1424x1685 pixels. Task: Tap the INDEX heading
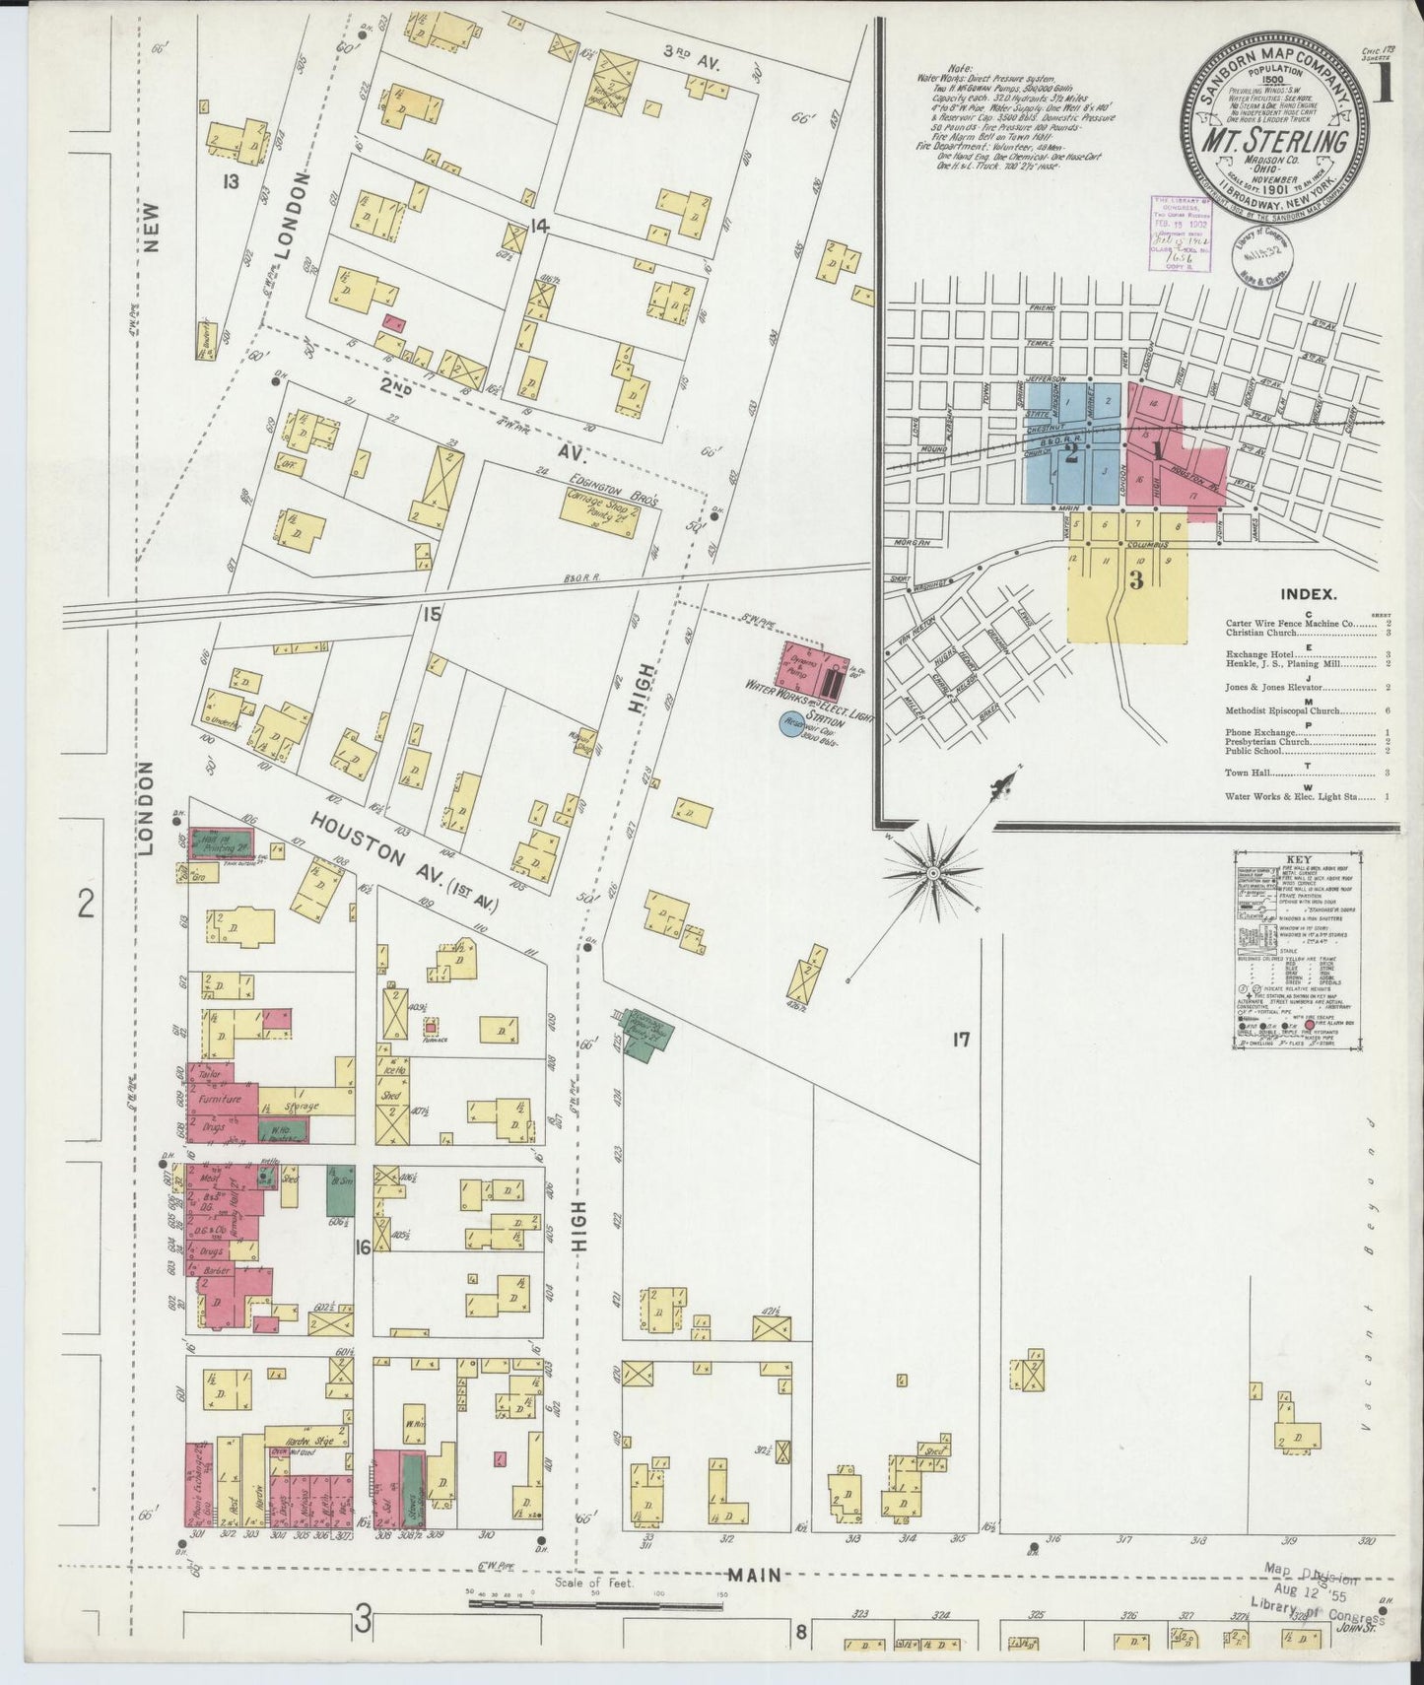pos(1307,594)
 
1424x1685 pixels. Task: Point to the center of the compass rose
pos(932,873)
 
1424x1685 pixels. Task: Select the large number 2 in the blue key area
pos(1070,455)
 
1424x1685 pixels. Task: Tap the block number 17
pos(962,1039)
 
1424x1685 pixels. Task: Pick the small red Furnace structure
pos(430,1026)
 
